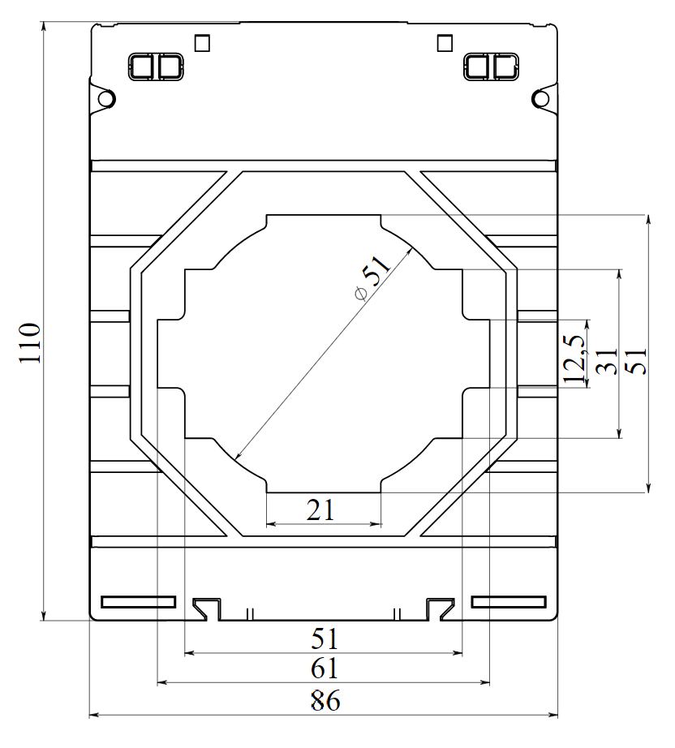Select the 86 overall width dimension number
325,701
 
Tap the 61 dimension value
325,669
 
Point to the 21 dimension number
321,509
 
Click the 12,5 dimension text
574,357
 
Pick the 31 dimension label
606,362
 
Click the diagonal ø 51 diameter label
372,276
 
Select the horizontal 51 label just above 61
325,638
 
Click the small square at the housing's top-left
203,42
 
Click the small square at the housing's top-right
444,42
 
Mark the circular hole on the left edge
105,99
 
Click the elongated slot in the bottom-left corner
138,602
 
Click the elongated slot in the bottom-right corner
509,602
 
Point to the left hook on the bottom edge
206,607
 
